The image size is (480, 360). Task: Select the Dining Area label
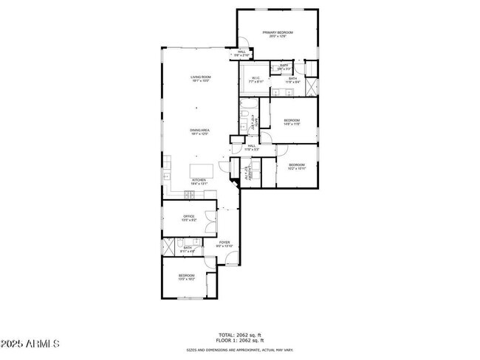(x=200, y=132)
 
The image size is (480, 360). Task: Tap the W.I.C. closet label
(x=256, y=80)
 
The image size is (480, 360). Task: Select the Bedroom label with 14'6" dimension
(x=292, y=122)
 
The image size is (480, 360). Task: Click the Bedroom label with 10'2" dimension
(x=296, y=167)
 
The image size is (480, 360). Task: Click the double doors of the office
(x=212, y=219)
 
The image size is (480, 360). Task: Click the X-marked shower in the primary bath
(x=311, y=86)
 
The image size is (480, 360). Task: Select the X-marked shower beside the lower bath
(x=168, y=246)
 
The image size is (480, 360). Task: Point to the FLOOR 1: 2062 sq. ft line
(x=239, y=341)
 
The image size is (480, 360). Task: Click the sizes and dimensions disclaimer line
(x=239, y=350)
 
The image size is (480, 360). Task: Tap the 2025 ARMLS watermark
(x=30, y=345)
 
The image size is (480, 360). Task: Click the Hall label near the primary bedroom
(x=241, y=53)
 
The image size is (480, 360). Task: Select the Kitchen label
(x=199, y=182)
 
